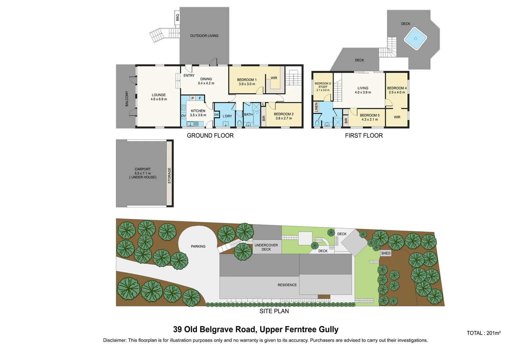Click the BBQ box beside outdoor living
coord(177,17)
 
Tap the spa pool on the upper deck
coord(415,39)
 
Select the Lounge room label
coord(159,95)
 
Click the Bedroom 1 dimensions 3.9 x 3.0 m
coord(247,84)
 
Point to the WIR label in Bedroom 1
coord(274,78)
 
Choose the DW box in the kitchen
coord(216,115)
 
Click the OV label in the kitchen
coord(183,116)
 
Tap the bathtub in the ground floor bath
coord(257,119)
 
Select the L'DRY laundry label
coord(227,116)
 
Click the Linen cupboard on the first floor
coord(316,107)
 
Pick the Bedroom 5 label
coord(369,115)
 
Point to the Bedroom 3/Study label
coord(323,85)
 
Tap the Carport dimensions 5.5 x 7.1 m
coord(143,173)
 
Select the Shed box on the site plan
coord(386,253)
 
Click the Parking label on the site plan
coord(198,246)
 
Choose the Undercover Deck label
coord(266,247)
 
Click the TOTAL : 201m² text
coord(483,333)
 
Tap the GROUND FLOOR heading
coord(210,135)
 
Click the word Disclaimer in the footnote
coord(115,340)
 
